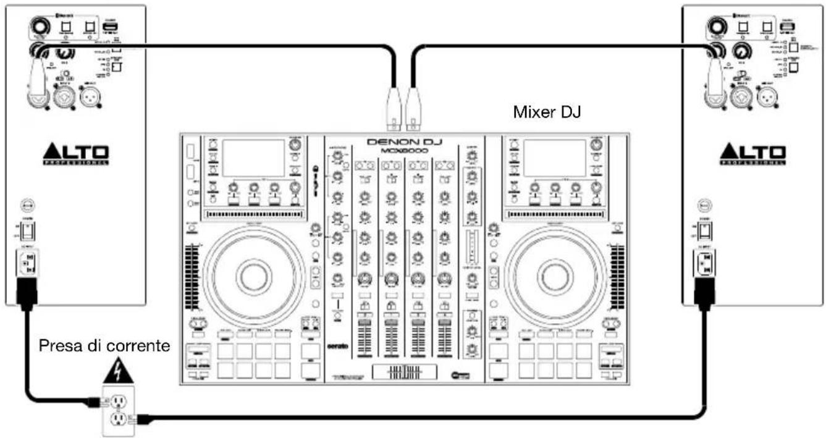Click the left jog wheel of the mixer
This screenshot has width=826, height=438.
pos(253,276)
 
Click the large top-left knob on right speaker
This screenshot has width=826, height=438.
pos(717,27)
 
